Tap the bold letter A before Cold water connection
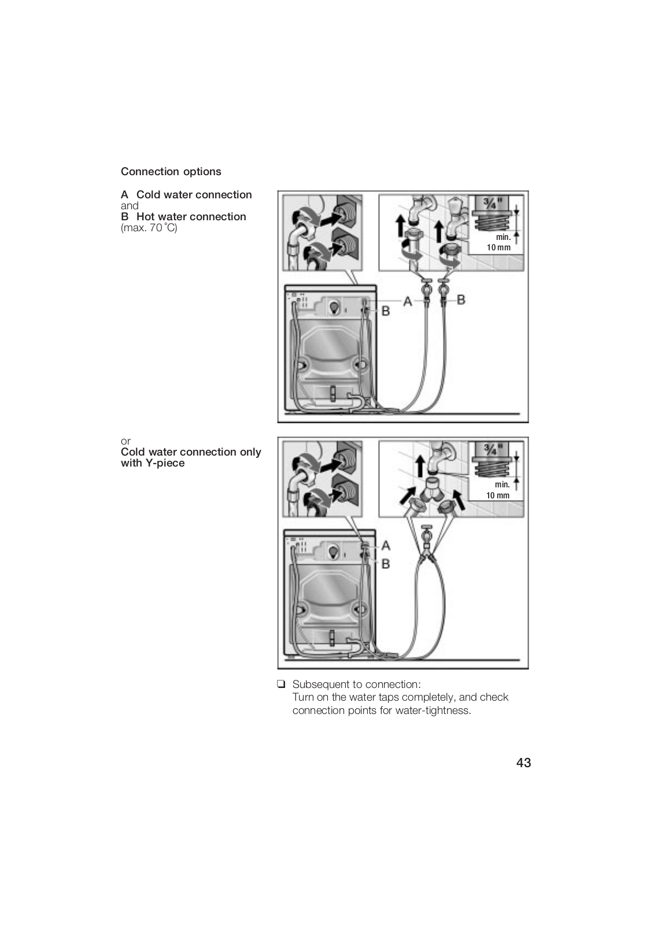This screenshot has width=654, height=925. pyautogui.click(x=124, y=195)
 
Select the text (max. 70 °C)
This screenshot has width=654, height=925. pyautogui.click(x=149, y=228)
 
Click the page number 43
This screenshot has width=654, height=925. pyautogui.click(x=523, y=763)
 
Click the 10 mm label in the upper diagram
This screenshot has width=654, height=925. pyautogui.click(x=498, y=247)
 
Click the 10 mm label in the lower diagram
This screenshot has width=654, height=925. pyautogui.click(x=498, y=495)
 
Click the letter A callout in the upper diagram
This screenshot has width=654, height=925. pyautogui.click(x=408, y=301)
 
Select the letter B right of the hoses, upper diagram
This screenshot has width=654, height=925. pyautogui.click(x=461, y=299)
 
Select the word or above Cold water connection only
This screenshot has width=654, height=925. pyautogui.click(x=125, y=441)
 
